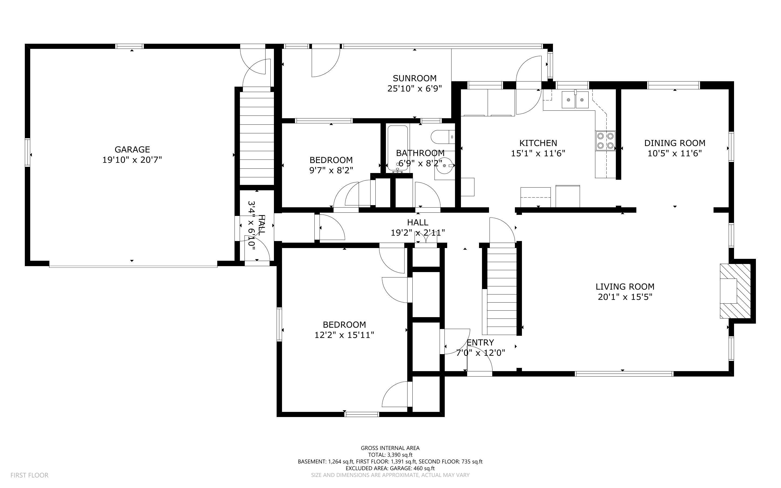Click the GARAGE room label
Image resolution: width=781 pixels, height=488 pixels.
click(x=132, y=150)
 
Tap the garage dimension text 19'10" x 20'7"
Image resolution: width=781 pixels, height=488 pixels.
click(x=132, y=160)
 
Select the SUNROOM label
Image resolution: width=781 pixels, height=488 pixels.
click(x=415, y=78)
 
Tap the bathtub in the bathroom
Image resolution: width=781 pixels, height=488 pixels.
click(x=398, y=148)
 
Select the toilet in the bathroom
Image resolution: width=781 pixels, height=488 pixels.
click(x=442, y=137)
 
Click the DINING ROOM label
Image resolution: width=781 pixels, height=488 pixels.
click(x=675, y=143)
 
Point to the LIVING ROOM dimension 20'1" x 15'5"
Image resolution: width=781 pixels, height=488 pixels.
click(x=625, y=297)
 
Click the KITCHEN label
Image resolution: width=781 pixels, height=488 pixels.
click(x=538, y=143)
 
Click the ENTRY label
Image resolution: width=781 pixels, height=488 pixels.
click(x=480, y=343)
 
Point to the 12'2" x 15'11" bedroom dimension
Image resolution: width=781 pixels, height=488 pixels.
click(x=344, y=335)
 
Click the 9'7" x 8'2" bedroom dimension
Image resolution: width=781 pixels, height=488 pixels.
click(x=331, y=170)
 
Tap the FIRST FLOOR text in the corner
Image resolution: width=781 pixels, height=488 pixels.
click(x=29, y=475)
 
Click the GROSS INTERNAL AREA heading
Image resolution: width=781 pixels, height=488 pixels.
click(x=390, y=448)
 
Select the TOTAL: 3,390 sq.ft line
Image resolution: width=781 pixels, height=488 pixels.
click(x=390, y=455)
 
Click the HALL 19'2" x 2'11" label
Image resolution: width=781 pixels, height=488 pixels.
click(x=418, y=227)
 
